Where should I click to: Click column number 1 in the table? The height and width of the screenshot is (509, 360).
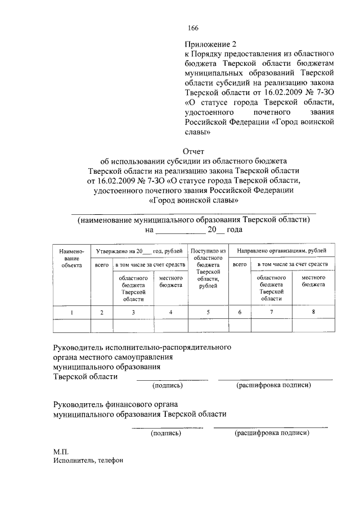[71, 312]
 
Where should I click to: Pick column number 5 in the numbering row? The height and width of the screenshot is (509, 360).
[208, 312]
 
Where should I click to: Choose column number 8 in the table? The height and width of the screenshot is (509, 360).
[313, 311]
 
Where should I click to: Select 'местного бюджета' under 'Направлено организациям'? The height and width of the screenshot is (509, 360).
[313, 281]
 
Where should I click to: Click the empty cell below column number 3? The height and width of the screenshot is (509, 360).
[133, 326]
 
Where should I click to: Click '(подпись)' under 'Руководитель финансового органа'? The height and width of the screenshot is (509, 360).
[165, 433]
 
